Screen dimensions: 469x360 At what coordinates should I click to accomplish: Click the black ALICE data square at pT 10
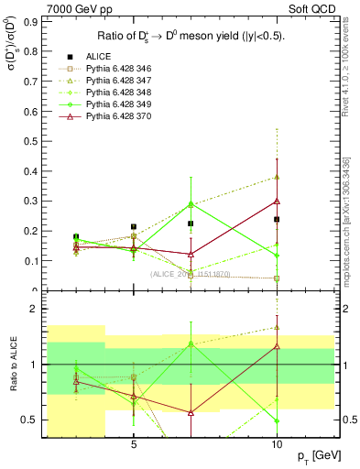coord(276,220)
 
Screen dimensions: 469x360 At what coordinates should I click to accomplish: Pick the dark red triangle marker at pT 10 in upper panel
coord(276,201)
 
